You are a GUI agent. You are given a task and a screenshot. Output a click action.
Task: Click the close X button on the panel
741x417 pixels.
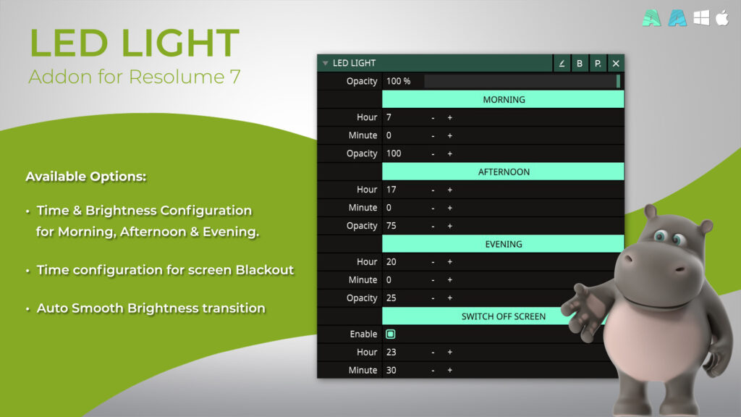616,64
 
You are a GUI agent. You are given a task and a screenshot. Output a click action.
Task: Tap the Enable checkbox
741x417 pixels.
390,334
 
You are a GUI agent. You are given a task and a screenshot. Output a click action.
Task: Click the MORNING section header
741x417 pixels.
503,99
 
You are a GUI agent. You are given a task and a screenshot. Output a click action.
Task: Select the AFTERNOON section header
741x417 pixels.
503,172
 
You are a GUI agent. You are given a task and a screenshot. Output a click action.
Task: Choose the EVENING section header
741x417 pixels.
503,244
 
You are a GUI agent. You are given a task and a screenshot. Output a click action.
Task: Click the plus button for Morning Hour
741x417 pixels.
450,118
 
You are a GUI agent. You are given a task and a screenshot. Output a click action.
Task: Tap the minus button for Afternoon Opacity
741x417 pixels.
433,227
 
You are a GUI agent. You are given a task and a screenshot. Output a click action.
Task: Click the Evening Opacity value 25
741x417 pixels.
391,298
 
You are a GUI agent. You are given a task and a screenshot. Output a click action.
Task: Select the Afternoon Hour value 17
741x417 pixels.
391,190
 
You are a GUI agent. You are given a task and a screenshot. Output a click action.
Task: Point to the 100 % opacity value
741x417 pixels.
399,81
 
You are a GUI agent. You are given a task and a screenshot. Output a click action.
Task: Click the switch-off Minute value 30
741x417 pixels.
391,370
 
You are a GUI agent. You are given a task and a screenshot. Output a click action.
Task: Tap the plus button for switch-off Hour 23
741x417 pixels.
450,353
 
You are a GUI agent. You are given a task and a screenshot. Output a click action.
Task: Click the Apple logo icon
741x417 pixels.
722,18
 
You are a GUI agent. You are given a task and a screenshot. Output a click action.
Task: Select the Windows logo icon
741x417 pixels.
701,18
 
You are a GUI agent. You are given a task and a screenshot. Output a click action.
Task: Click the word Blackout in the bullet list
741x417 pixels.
265,270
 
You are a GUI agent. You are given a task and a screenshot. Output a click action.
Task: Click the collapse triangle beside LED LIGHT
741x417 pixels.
325,64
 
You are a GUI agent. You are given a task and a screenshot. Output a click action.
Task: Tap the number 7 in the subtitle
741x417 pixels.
235,77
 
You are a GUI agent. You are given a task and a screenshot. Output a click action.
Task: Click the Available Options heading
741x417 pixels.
86,177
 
